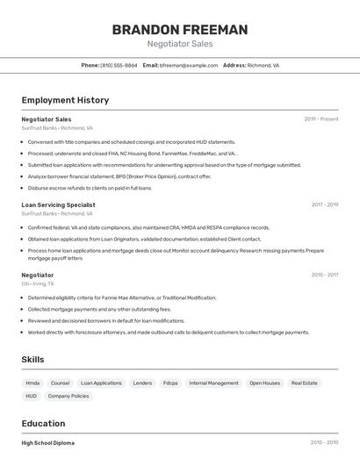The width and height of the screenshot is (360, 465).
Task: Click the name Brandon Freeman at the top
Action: (x=180, y=30)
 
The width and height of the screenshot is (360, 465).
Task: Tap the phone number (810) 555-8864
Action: (x=119, y=66)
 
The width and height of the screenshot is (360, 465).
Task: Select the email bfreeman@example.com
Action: (x=188, y=66)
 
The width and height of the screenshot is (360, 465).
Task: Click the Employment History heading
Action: (x=65, y=100)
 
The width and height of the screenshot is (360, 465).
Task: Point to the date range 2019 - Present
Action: (x=321, y=119)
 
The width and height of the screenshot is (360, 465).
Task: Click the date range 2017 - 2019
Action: (x=324, y=204)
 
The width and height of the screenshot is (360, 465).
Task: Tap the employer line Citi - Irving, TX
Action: (x=38, y=283)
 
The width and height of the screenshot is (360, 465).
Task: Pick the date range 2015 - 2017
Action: (x=324, y=275)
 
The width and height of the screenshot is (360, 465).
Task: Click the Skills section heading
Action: (x=32, y=360)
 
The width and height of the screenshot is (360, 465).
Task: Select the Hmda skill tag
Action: (x=32, y=383)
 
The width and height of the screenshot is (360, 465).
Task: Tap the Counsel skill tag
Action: (x=60, y=383)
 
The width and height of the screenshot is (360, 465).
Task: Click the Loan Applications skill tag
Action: (x=101, y=383)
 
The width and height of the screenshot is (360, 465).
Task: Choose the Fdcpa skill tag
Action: (x=170, y=383)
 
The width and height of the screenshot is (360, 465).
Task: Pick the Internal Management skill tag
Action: (x=213, y=383)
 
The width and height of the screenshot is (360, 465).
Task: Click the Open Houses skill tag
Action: (x=264, y=383)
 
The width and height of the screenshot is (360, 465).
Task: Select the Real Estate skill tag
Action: (x=304, y=383)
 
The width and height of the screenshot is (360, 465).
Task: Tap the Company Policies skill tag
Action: (x=68, y=397)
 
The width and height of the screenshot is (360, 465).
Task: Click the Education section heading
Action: (x=43, y=424)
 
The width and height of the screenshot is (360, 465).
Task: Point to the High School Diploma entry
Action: (x=47, y=443)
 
